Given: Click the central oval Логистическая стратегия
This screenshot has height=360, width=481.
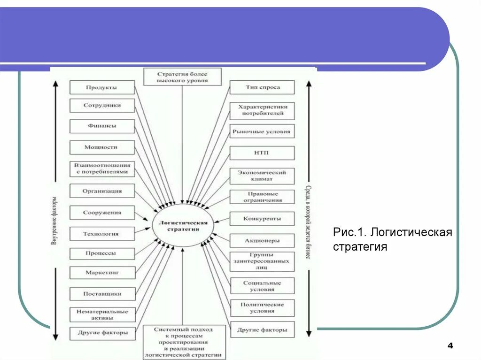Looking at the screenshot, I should click(x=183, y=226).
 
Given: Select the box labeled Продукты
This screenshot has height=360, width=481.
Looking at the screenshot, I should click(x=102, y=87).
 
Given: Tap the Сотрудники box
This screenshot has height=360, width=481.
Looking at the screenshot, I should click(x=102, y=106).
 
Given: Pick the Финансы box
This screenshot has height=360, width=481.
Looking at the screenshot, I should click(x=102, y=126).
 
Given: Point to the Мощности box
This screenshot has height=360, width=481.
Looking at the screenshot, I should click(x=102, y=147).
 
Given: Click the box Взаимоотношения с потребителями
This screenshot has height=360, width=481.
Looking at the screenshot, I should click(x=102, y=169).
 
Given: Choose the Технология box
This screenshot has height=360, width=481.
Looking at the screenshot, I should click(x=102, y=234).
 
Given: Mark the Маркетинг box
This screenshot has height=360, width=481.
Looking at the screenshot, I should click(x=102, y=272).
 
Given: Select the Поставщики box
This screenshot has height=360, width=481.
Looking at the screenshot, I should click(x=102, y=294).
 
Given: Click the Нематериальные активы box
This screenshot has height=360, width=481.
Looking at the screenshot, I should click(x=102, y=314).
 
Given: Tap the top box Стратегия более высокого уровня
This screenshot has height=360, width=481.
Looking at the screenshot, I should click(x=182, y=77).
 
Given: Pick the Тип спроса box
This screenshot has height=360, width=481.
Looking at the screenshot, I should click(x=262, y=87).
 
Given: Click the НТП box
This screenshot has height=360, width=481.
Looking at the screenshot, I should click(x=262, y=153).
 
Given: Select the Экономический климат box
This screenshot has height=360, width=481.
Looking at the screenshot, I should click(x=262, y=176).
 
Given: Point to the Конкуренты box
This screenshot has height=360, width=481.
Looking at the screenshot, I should click(x=262, y=219).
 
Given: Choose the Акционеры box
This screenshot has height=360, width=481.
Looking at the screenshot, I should click(x=262, y=241).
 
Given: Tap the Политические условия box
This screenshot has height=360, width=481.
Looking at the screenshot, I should click(x=262, y=308).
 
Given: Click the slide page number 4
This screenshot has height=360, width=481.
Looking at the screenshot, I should click(x=450, y=346).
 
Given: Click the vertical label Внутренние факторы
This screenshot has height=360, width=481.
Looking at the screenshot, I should click(x=54, y=221).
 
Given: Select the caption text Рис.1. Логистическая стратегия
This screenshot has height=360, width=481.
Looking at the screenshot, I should click(x=393, y=239).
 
